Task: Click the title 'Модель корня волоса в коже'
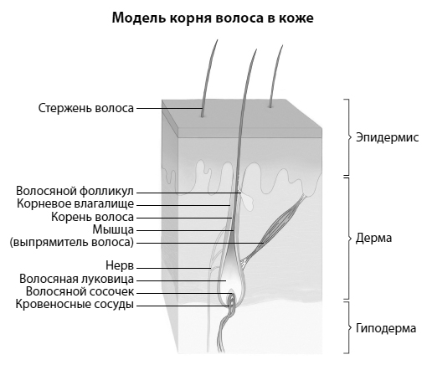click(213, 18)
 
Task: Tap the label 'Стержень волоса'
click(86, 108)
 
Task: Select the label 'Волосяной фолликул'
click(75, 192)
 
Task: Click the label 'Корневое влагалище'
click(75, 204)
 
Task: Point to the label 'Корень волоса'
click(92, 217)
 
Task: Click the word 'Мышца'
click(113, 230)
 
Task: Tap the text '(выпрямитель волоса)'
click(72, 242)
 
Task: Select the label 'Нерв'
click(120, 265)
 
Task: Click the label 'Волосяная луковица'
click(76, 279)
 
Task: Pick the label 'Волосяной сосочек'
click(80, 291)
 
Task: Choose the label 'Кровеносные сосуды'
click(75, 305)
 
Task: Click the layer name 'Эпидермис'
click(387, 138)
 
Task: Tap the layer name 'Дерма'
click(373, 238)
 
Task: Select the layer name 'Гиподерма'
click(386, 328)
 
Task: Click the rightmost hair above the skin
click(275, 75)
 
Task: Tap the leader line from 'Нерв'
click(173, 268)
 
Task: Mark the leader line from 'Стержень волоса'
click(169, 108)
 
